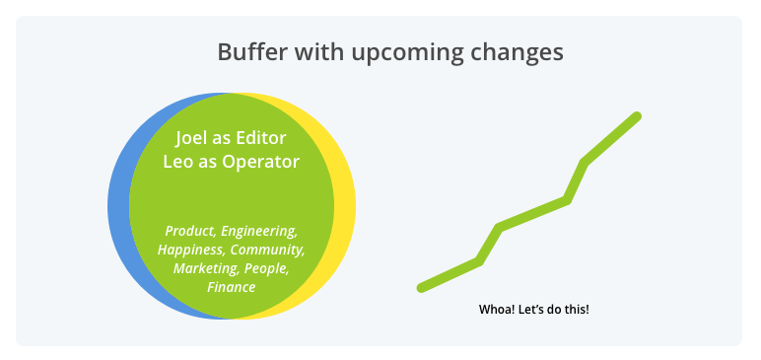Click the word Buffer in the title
[247, 51]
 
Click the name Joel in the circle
[192, 138]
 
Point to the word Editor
[261, 138]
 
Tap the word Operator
[257, 162]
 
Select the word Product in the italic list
[190, 231]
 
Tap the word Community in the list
[267, 250]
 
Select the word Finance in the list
[232, 287]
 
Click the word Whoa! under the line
[496, 310]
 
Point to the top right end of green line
[637, 116]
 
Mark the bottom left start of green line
[422, 288]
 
